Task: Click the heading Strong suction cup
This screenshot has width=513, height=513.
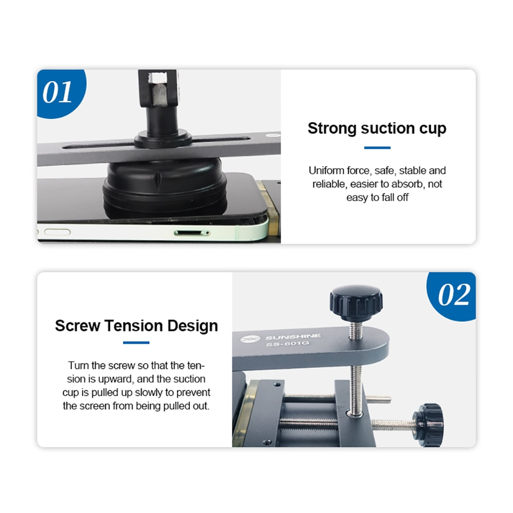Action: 377,128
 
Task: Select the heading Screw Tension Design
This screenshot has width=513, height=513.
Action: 136,326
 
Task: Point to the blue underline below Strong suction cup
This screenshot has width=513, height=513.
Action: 377,148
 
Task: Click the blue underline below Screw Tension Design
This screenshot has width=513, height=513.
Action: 136,343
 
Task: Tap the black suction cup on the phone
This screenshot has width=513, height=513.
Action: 165,188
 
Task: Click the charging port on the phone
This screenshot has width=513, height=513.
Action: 191,233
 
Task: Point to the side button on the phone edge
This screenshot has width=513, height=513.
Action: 57,232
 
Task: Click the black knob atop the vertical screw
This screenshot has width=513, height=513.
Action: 357,303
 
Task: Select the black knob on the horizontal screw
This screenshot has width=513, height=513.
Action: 428,425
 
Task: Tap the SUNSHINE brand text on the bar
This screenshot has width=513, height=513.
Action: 293,337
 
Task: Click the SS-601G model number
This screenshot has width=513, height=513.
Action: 288,344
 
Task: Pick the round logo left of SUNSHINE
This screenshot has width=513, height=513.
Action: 250,339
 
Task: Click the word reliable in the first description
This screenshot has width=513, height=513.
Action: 329,184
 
